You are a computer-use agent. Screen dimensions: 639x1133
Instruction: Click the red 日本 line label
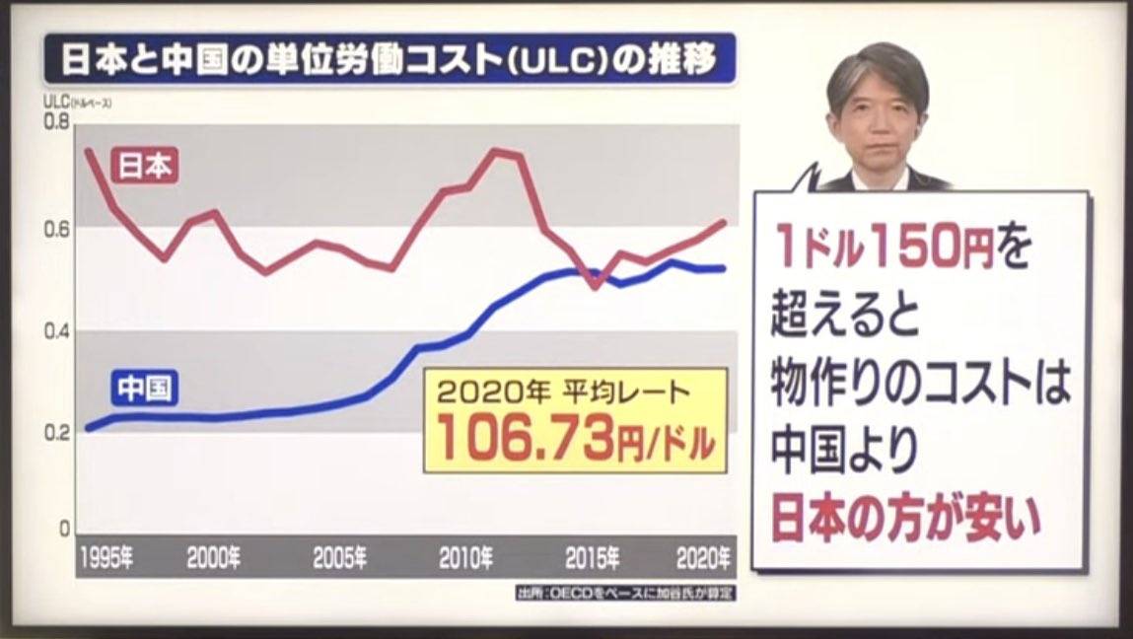(x=145, y=166)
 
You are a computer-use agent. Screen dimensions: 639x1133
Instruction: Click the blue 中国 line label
(x=144, y=389)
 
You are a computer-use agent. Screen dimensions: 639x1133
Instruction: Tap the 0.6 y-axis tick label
(x=58, y=228)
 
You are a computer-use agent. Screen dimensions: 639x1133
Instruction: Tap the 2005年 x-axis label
(x=340, y=559)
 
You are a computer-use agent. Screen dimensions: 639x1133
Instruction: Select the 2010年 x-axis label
(x=466, y=559)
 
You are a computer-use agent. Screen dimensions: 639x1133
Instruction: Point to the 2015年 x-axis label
(x=593, y=559)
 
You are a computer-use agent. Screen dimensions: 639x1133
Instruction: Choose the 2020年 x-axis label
(x=703, y=559)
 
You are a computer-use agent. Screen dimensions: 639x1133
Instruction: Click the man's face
(x=876, y=116)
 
